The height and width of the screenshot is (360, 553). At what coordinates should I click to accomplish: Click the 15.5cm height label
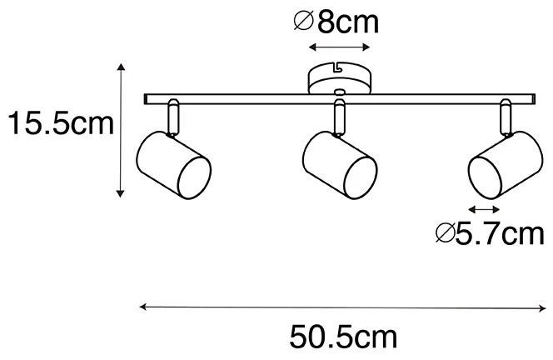58,125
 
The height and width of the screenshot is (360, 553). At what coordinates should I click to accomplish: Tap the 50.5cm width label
343,337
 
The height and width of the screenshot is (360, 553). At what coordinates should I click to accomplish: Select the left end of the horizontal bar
148,98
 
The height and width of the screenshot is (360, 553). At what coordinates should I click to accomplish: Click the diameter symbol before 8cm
304,22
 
